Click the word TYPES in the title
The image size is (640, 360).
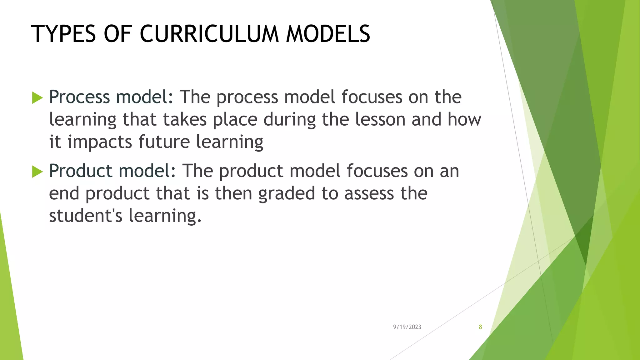coord(63,34)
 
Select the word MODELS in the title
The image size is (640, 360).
coord(328,34)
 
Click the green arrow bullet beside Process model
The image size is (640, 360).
coord(37,98)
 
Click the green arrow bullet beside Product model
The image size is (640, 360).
coord(37,172)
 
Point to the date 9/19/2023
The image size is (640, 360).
coord(407,327)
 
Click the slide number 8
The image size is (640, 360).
coord(480,327)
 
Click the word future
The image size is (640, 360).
coord(164,142)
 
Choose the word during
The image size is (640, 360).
coord(289,120)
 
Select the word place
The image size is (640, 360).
coord(235,120)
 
